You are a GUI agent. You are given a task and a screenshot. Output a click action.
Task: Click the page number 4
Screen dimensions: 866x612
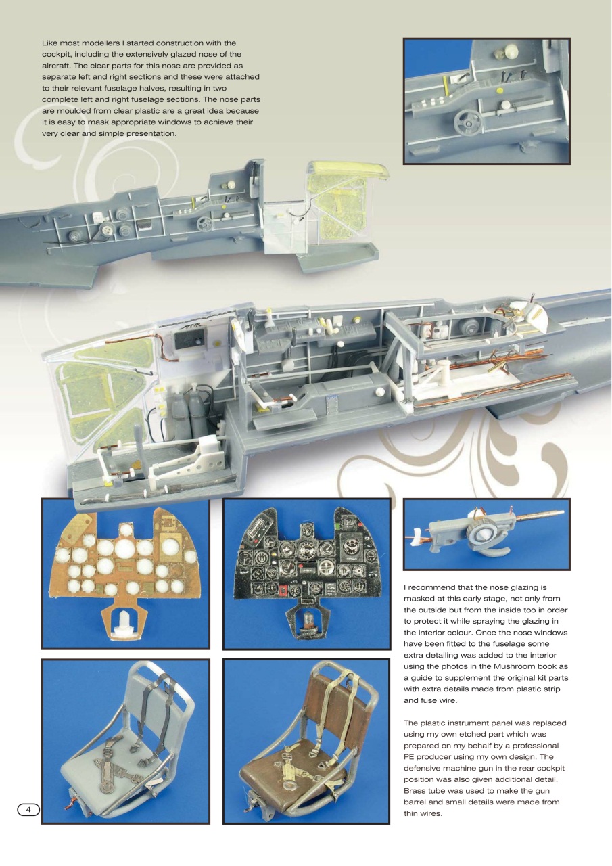[x=27, y=809]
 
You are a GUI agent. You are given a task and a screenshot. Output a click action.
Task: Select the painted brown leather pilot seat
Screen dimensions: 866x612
[x=306, y=737]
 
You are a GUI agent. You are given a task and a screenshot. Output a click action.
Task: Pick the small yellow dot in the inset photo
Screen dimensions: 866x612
[x=500, y=89]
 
